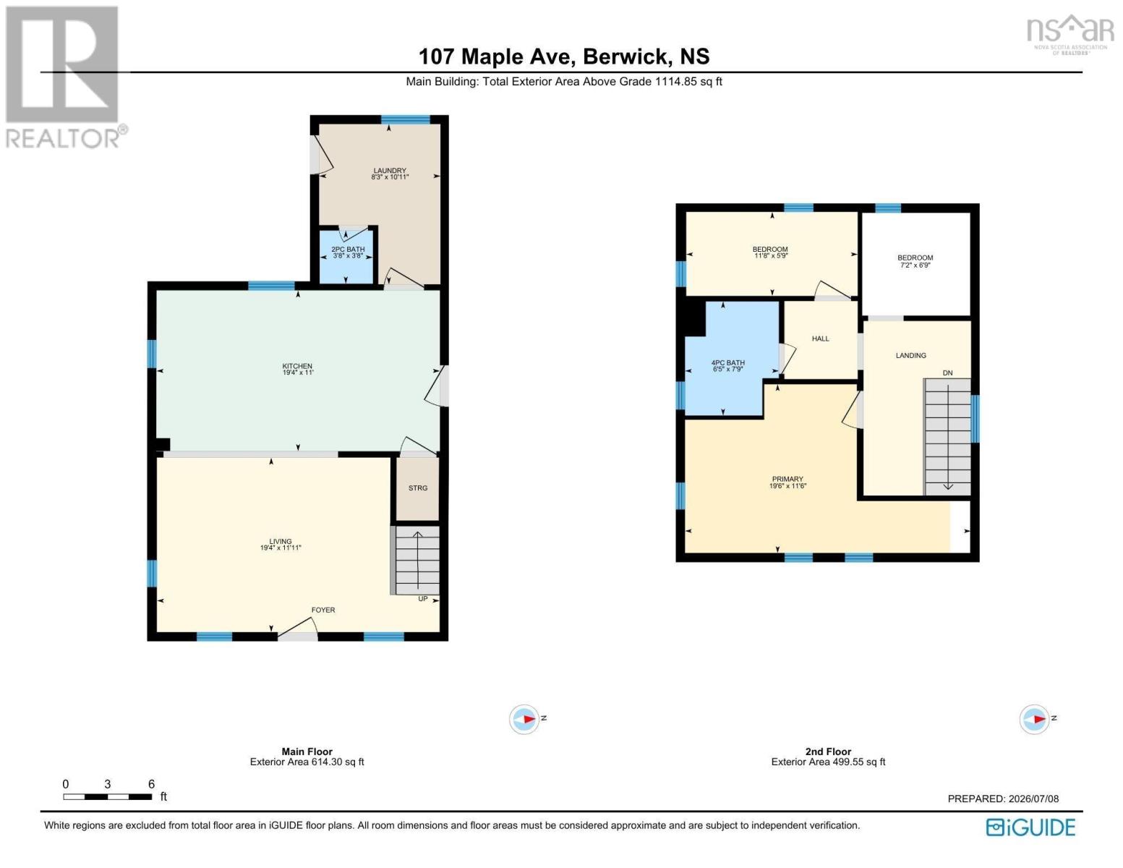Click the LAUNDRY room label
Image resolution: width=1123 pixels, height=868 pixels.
point(390,171)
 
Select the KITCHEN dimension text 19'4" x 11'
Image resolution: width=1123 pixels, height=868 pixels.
point(298,373)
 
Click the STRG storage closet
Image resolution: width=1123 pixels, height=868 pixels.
point(417,488)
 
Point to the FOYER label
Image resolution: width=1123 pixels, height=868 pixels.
point(323,610)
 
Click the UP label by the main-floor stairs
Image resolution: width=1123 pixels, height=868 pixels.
point(423,599)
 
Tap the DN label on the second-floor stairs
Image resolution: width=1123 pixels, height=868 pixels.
point(947,373)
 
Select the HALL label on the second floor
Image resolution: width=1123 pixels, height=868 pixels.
point(820,339)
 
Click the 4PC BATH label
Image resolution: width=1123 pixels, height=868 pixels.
point(727,363)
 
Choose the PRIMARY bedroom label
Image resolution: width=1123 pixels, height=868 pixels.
point(787,480)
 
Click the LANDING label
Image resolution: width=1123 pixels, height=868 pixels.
point(910,355)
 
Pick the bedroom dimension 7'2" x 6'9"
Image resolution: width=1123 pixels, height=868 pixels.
point(915,265)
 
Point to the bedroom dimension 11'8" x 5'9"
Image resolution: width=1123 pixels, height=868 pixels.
point(770,255)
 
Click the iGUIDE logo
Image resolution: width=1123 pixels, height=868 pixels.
point(1030,827)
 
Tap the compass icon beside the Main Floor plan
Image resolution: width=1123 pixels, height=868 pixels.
point(524,718)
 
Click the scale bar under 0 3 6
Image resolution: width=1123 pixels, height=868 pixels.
point(108,796)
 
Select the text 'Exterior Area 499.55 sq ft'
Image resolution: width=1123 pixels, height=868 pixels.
point(828,762)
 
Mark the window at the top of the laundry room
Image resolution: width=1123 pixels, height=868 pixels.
point(406,119)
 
